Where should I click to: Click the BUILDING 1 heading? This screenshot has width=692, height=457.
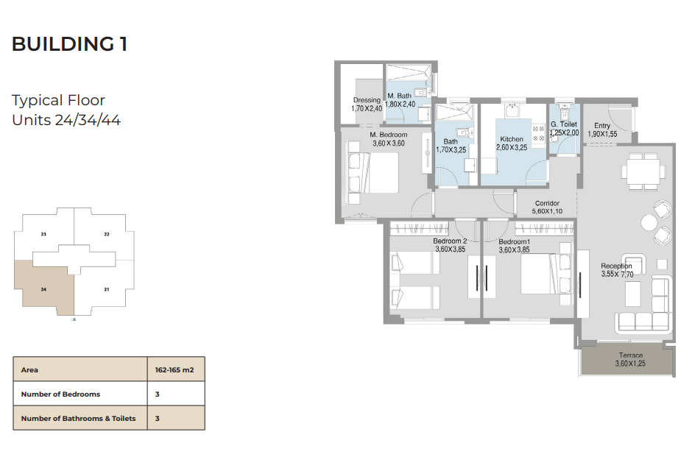pyautogui.click(x=70, y=44)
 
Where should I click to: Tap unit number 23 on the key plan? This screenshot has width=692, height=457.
pyautogui.click(x=43, y=234)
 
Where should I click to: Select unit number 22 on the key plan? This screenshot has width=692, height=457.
pyautogui.click(x=106, y=234)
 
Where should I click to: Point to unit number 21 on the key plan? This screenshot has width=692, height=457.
pyautogui.click(x=106, y=289)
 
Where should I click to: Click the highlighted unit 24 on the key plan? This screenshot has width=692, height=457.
pyautogui.click(x=43, y=289)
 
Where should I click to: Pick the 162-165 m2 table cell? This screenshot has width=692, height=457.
pyautogui.click(x=174, y=370)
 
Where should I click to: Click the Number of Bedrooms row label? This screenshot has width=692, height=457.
pyautogui.click(x=60, y=394)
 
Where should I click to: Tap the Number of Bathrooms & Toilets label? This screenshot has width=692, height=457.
pyautogui.click(x=78, y=419)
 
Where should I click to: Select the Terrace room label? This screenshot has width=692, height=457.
pyautogui.click(x=631, y=355)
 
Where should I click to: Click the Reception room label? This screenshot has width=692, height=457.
pyautogui.click(x=616, y=266)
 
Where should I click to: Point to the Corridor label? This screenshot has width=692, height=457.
pyautogui.click(x=547, y=203)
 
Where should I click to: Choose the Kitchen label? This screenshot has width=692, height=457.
pyautogui.click(x=512, y=139)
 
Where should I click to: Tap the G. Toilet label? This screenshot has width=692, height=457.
pyautogui.click(x=564, y=124)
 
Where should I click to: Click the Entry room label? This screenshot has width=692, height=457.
pyautogui.click(x=602, y=126)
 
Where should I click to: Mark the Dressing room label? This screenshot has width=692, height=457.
pyautogui.click(x=367, y=100)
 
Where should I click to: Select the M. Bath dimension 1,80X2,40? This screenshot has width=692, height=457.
pyautogui.click(x=400, y=104)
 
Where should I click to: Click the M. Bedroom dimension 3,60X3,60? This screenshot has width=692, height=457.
pyautogui.click(x=389, y=144)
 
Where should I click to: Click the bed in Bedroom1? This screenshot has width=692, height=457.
pyautogui.click(x=546, y=274)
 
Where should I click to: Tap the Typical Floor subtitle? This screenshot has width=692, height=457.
pyautogui.click(x=58, y=101)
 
